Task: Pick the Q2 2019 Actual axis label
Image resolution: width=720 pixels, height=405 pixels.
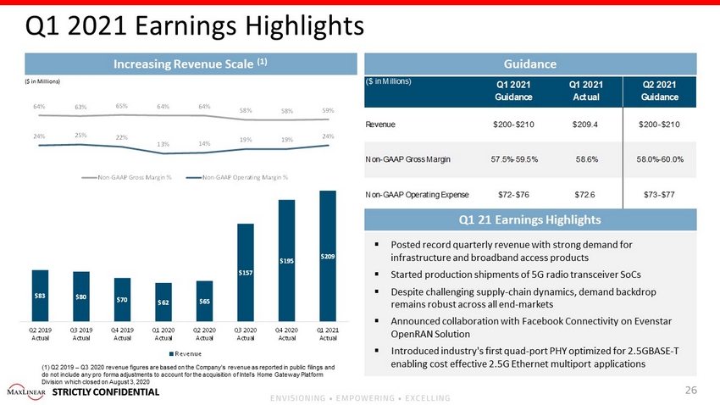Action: [x=40, y=334]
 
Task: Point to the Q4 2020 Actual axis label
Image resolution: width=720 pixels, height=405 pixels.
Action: [x=286, y=334]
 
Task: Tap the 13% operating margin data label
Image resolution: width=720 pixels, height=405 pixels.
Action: [x=163, y=143]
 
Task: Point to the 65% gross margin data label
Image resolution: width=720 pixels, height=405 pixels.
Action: [x=122, y=106]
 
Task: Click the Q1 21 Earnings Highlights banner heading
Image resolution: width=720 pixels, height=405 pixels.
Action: [x=530, y=219]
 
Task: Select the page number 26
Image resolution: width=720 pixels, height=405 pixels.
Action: [x=690, y=391]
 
